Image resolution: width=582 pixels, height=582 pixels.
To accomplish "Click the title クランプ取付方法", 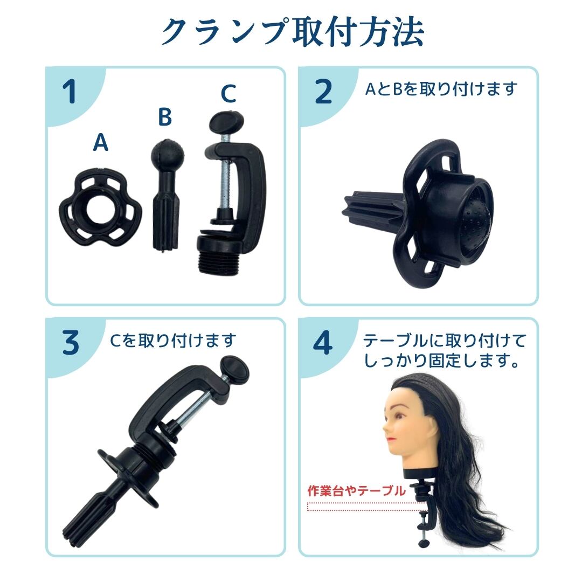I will (292, 32).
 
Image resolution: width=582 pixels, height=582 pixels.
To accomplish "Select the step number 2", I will (323, 92).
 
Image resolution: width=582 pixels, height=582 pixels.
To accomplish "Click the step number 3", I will (70, 343).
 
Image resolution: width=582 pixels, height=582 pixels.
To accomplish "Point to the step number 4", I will (323, 343).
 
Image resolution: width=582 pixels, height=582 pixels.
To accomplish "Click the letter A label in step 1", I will (101, 143).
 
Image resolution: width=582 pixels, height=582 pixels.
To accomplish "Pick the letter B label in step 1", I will (165, 116).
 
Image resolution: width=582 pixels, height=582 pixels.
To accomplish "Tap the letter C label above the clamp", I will (228, 94).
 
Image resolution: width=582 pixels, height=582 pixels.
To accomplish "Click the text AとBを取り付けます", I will (441, 89).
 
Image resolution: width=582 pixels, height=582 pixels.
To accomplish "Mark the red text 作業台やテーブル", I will (356, 491).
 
